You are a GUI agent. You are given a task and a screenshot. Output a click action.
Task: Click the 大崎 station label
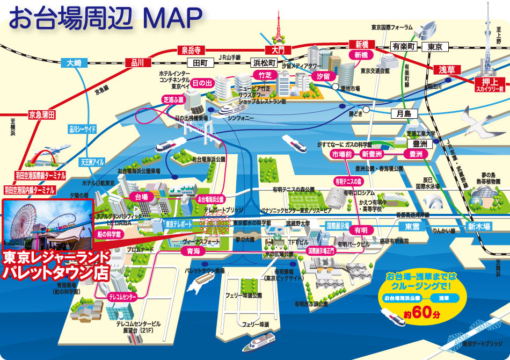74,63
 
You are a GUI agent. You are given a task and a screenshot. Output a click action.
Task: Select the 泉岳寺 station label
191,50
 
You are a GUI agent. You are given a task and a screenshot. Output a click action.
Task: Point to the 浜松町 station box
264,62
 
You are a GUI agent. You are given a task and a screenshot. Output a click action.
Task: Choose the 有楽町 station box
403,47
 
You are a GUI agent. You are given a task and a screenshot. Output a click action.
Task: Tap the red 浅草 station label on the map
447,69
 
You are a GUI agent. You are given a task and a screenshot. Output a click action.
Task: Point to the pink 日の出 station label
202,83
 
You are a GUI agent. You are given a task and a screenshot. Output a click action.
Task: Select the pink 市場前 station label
341,154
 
